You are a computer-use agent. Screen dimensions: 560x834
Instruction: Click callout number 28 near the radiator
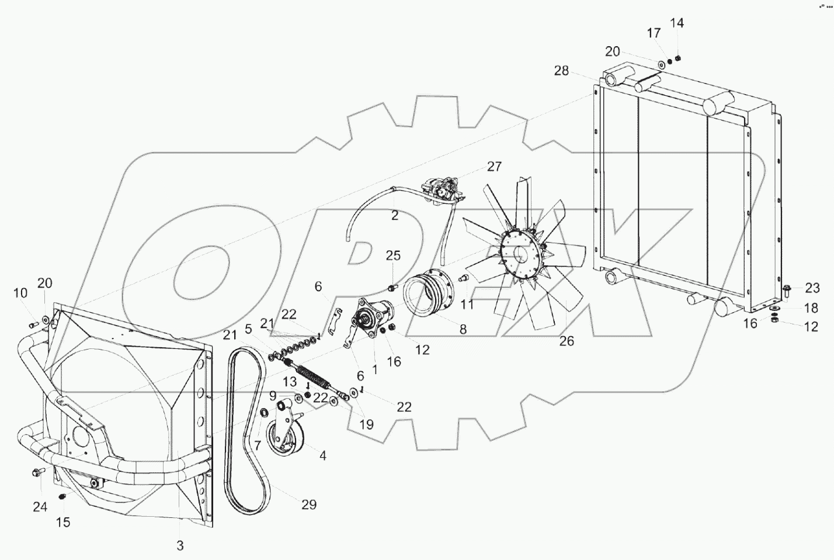coord(561,71)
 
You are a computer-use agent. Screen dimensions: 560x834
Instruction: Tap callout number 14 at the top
coord(676,23)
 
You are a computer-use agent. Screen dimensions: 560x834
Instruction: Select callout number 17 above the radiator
coord(654,34)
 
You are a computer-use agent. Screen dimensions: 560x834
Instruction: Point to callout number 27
coord(494,167)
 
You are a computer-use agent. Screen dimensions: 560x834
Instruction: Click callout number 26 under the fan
coord(567,341)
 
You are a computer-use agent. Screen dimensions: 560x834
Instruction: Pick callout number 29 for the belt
coord(308,504)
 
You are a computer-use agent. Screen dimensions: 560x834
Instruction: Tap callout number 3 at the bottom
coord(180,545)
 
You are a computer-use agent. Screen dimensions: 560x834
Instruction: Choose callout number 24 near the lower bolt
coord(40,507)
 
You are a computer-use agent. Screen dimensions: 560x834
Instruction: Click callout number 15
coord(63,522)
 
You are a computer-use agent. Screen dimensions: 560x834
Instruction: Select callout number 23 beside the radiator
coord(812,288)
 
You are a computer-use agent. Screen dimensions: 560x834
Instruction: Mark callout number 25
coord(394,255)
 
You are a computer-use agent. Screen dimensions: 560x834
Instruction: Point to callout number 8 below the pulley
coord(463,330)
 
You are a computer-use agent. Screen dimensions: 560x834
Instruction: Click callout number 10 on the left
coord(20,292)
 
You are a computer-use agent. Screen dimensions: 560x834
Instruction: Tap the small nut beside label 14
coord(679,58)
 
